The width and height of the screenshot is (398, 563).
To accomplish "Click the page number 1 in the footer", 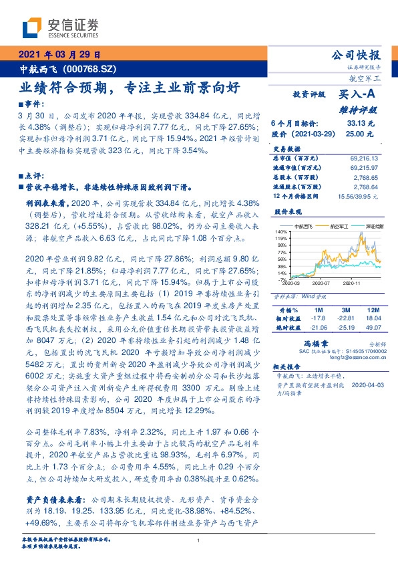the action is [x=198, y=541].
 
